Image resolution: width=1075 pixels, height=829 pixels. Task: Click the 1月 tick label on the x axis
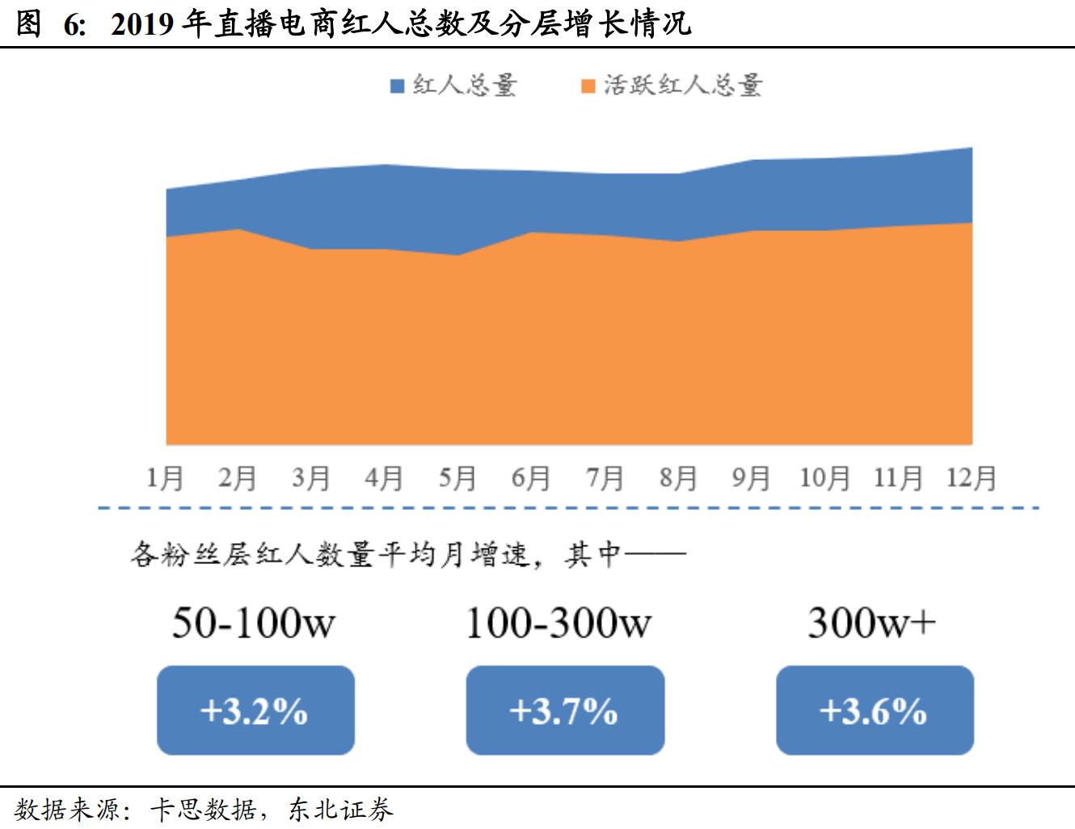pos(165,478)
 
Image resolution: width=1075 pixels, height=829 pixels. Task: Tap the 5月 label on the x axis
pos(457,478)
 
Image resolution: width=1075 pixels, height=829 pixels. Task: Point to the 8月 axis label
pos(677,478)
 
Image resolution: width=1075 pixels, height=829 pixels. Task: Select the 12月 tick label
pos(972,478)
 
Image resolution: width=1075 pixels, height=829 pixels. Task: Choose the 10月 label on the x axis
pos(824,478)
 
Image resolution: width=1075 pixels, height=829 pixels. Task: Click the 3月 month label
pos(311,478)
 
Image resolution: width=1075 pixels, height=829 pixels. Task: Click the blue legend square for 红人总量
pos(397,86)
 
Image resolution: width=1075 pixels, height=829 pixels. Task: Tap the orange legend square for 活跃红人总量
pos(588,86)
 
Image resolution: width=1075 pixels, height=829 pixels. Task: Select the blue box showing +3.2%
pos(255,711)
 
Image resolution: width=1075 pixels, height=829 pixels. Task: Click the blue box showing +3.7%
pos(565,711)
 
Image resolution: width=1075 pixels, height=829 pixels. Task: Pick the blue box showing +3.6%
pos(875,711)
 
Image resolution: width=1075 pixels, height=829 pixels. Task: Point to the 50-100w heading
pos(254,623)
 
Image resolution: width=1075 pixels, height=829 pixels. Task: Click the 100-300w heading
pos(559,623)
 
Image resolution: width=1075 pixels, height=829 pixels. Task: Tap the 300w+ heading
pos(871,623)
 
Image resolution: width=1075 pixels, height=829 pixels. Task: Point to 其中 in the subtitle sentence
pos(593,555)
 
